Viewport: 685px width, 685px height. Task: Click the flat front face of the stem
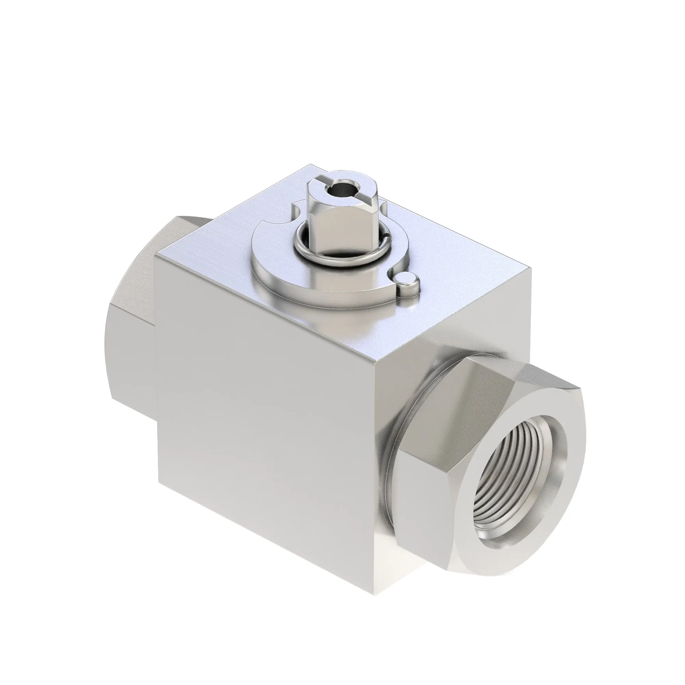click(x=332, y=231)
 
